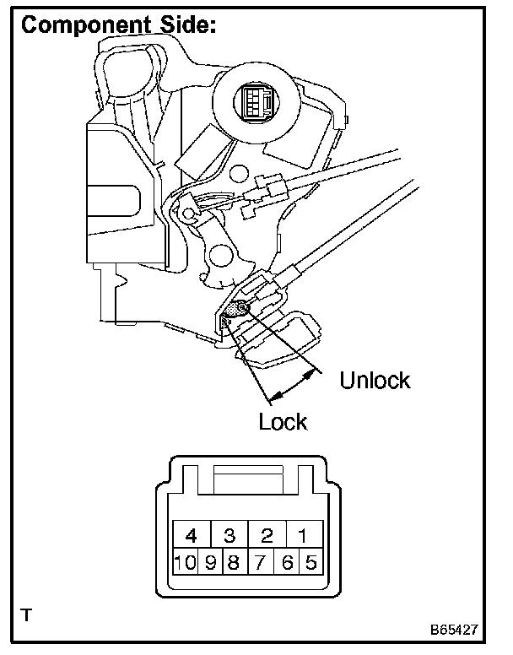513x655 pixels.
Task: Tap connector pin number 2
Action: pos(267,534)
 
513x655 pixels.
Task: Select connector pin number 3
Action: pos(229,534)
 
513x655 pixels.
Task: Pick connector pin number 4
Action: pos(192,534)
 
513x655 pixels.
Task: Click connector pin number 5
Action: pos(310,562)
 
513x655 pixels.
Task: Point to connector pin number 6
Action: pos(289,562)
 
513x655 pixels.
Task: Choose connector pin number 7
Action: pos(262,562)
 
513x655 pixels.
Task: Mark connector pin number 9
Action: pos(209,562)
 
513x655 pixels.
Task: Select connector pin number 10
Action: pos(185,562)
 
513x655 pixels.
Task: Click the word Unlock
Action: pos(375,380)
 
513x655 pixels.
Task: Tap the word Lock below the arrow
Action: pos(283,420)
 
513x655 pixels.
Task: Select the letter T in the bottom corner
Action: pos(28,614)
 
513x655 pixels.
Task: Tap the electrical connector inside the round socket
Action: pos(255,103)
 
